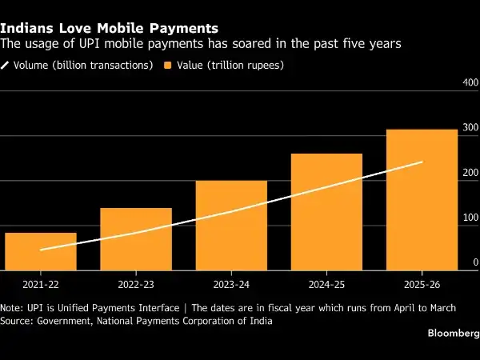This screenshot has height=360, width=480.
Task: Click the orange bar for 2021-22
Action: (41, 252)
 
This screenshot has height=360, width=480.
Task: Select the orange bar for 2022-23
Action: (136, 239)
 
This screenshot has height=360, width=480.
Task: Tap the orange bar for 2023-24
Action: (231, 226)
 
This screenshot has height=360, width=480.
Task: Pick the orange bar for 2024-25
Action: (326, 212)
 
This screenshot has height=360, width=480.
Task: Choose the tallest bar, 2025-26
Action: (422, 200)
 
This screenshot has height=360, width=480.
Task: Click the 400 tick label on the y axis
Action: (470, 82)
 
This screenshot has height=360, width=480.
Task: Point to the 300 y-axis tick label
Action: (470, 127)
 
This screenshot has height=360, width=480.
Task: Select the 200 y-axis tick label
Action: (470, 173)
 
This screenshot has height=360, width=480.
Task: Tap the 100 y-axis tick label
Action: (470, 218)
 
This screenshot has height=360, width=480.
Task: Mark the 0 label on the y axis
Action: (475, 262)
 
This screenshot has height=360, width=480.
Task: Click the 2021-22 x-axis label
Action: (41, 285)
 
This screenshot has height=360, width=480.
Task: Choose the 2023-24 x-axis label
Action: (231, 285)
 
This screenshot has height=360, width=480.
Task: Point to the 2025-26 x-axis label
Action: (422, 285)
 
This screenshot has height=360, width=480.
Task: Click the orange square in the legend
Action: (168, 66)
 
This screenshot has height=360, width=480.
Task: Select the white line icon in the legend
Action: (5, 66)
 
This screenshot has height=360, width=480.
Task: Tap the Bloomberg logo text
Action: (454, 333)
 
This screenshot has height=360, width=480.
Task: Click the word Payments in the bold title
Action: (184, 28)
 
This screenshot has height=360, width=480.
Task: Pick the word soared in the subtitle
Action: (252, 43)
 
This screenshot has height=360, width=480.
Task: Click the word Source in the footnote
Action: (16, 321)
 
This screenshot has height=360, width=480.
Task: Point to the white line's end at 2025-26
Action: (422, 162)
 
